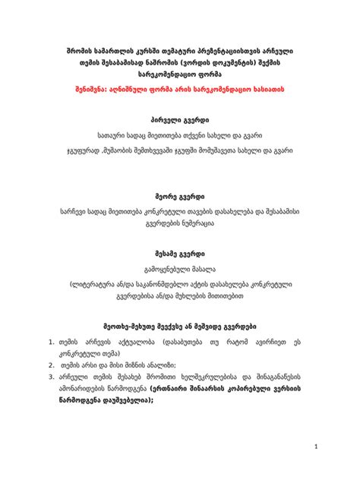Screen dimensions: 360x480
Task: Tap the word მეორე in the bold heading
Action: pos(159,196)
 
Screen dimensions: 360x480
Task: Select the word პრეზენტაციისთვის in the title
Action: pos(218,49)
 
